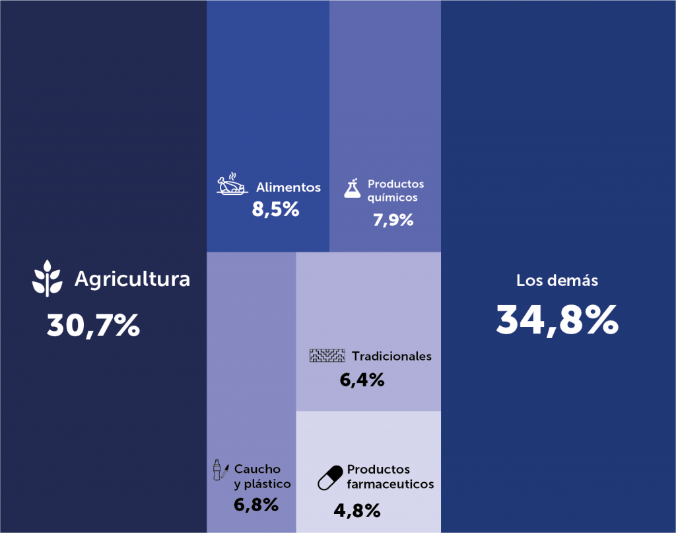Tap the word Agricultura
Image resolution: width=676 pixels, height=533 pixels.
coord(132,279)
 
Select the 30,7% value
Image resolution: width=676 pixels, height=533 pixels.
coord(93,325)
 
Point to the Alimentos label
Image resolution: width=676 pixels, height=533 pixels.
coord(288,188)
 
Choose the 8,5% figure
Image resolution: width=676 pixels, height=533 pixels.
coord(275,210)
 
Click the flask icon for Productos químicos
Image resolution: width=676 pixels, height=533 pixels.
coord(353,188)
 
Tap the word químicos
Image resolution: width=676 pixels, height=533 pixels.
coord(392,197)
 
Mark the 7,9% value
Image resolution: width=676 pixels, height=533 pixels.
coord(393,220)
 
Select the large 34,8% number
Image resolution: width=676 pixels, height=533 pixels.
coord(557,320)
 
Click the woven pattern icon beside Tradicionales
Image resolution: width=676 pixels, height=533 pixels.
coord(327,356)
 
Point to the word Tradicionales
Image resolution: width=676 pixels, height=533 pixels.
coord(391,356)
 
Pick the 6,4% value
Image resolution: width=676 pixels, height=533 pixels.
coord(362,380)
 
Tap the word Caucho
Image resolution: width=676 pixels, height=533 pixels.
coord(257,469)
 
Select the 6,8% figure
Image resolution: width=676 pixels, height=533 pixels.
coord(255,505)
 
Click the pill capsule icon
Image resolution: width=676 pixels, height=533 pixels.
coord(331,477)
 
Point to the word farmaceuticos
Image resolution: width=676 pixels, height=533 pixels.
coord(390,484)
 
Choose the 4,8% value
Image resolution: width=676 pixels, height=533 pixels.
coord(357,510)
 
